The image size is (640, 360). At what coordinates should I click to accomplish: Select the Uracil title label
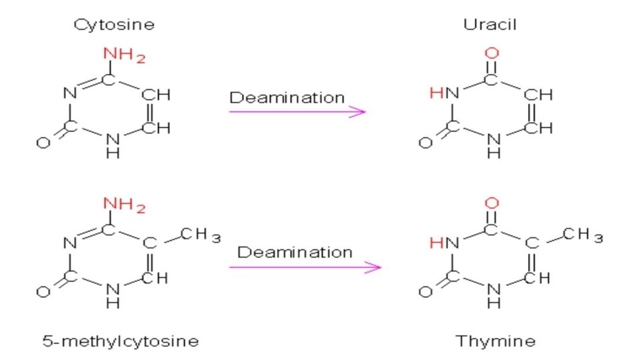click(490, 25)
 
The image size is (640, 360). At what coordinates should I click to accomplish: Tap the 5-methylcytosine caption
click(120, 341)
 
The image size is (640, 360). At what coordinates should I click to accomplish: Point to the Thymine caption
click(495, 341)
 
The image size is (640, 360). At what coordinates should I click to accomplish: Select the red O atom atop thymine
click(493, 202)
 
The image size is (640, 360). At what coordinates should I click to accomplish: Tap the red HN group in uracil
click(445, 95)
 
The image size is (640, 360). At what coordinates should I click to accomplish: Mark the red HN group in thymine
click(445, 243)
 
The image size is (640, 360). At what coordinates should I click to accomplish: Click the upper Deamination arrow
click(297, 111)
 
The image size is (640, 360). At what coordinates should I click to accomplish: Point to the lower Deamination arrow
click(305, 267)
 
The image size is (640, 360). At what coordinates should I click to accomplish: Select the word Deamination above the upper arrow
click(287, 98)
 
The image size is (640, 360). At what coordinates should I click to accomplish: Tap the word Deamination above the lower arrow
click(295, 253)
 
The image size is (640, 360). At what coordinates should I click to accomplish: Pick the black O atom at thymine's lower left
click(424, 291)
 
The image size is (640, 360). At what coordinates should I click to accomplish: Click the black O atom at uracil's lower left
click(424, 142)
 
